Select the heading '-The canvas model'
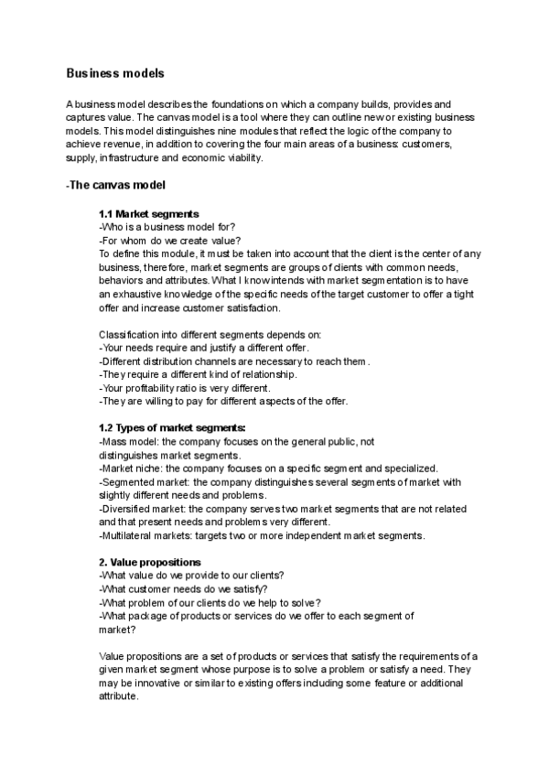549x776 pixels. pos(115,185)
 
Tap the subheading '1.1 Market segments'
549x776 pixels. pos(148,214)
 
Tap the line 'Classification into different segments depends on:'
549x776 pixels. pos(210,334)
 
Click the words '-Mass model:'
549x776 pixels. pos(126,441)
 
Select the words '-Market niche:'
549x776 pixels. pos(130,468)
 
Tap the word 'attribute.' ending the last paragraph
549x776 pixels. pos(119,695)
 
